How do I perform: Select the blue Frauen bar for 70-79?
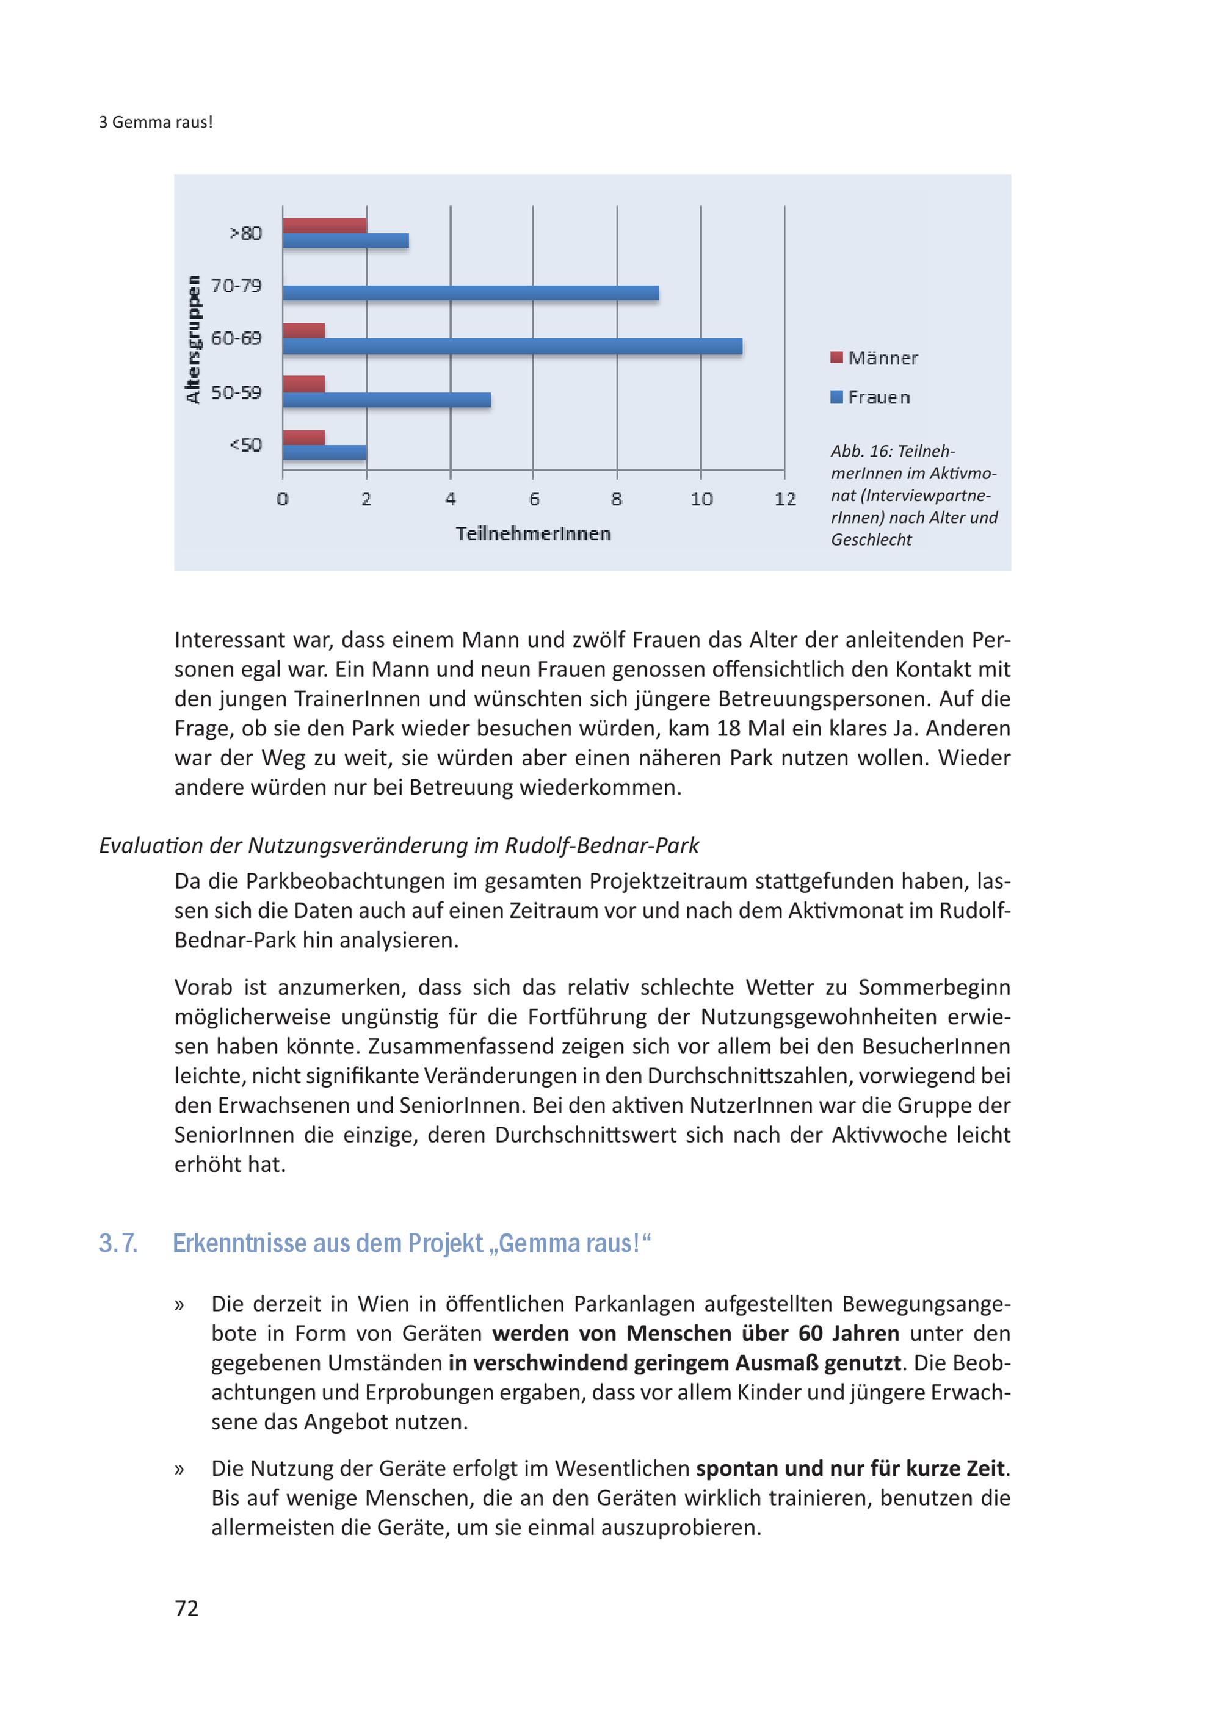(x=470, y=293)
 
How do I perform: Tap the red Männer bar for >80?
(x=324, y=226)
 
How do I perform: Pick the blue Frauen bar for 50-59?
(x=386, y=400)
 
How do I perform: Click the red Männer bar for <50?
(x=304, y=438)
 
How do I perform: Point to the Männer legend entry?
(x=874, y=358)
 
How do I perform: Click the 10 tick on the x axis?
(x=701, y=499)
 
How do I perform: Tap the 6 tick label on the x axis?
(x=534, y=499)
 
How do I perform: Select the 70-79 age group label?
(x=236, y=286)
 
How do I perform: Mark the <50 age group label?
(x=245, y=445)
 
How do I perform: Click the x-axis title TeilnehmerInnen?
(x=533, y=534)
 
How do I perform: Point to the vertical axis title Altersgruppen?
(x=194, y=340)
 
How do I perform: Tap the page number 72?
(x=186, y=1608)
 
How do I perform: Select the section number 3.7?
(x=118, y=1243)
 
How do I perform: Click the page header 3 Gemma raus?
(x=156, y=122)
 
